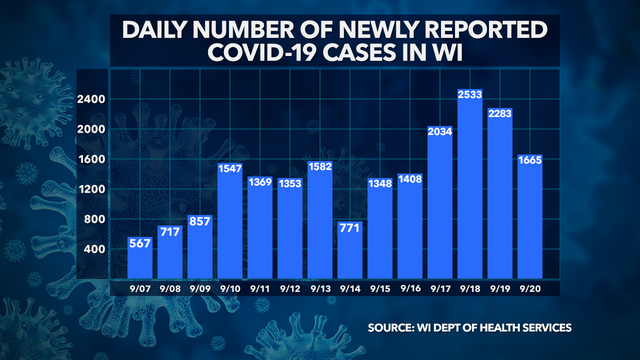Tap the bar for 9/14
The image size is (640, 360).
(351, 249)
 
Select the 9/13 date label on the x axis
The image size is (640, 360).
(322, 290)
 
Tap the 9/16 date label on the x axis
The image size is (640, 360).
(411, 290)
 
